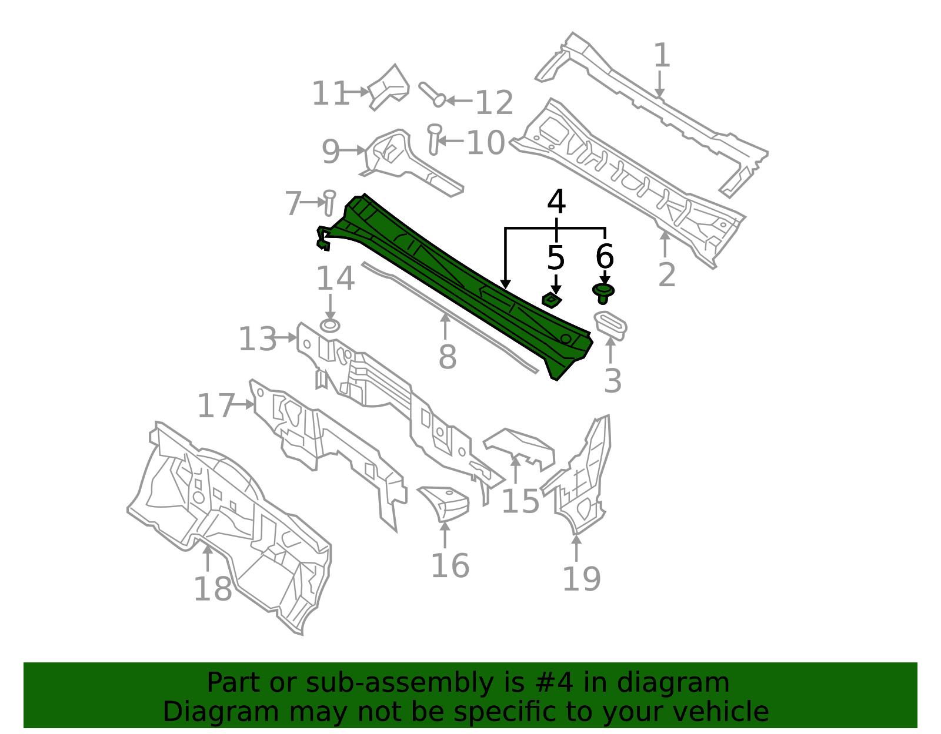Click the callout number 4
[x=556, y=203]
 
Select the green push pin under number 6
[x=603, y=292]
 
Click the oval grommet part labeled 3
[x=610, y=326]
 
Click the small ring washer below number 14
[x=330, y=326]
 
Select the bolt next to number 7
[x=329, y=203]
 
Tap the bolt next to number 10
[x=434, y=139]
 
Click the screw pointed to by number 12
[x=432, y=94]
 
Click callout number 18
[x=212, y=589]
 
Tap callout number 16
[x=450, y=566]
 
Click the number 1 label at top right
[x=662, y=56]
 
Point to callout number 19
[x=581, y=579]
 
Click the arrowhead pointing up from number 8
[x=445, y=318]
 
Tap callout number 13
[x=257, y=340]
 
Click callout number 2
[x=666, y=275]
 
